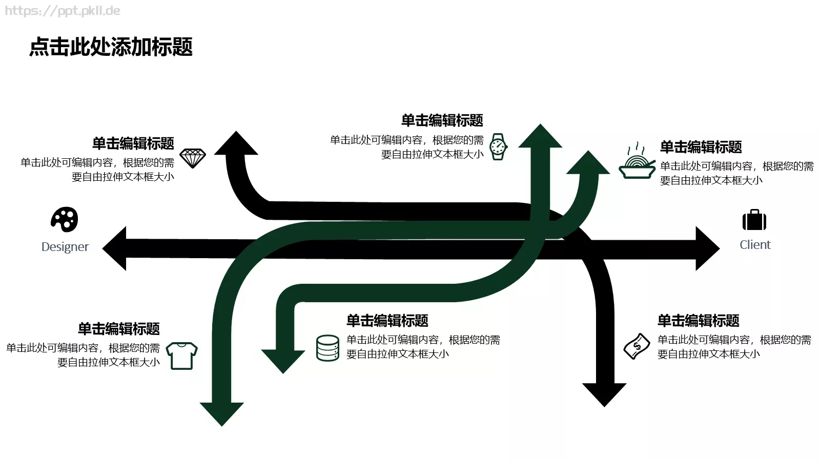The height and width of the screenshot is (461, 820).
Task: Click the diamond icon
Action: click(193, 158)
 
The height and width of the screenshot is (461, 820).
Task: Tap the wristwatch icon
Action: click(498, 147)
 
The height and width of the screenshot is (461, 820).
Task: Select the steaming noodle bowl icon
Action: click(637, 161)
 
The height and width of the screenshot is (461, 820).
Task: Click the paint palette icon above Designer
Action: click(65, 220)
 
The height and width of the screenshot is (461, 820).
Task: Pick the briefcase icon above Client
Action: click(754, 220)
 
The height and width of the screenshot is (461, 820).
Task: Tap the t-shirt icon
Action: click(181, 355)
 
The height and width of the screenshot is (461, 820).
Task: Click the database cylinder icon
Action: click(327, 348)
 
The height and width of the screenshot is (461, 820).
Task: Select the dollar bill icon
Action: click(637, 346)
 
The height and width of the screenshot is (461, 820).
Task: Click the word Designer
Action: click(65, 247)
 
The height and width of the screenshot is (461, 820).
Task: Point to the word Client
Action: click(754, 245)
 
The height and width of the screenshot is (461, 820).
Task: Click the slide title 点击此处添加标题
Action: click(111, 47)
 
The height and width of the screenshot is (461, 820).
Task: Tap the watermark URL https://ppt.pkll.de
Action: click(63, 11)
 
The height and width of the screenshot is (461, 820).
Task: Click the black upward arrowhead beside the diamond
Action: click(236, 144)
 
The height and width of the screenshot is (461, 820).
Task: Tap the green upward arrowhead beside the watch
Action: click(540, 137)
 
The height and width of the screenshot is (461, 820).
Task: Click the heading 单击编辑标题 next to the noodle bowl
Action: click(701, 148)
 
